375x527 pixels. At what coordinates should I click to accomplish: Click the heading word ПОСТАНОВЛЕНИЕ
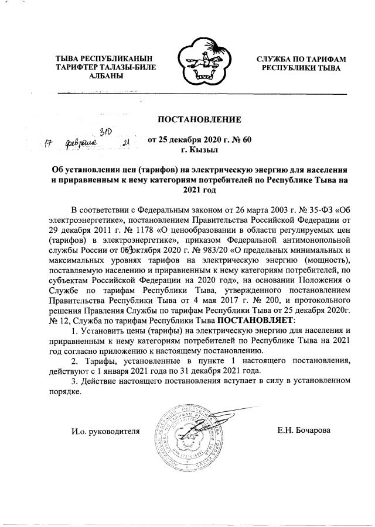click(199, 120)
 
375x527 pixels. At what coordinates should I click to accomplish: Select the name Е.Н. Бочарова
click(304, 431)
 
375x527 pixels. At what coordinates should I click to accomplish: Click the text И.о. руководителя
click(105, 432)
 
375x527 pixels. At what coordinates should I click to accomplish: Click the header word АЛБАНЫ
click(105, 77)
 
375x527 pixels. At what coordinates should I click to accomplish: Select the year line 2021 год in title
click(199, 190)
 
